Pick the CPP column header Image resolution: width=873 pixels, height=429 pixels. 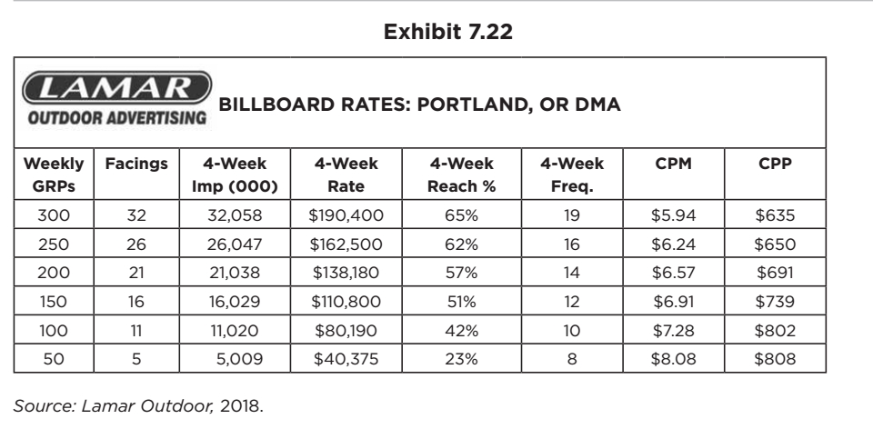click(x=775, y=165)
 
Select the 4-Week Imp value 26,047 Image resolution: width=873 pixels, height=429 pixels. click(x=236, y=244)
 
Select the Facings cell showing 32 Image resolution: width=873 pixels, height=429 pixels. click(x=135, y=217)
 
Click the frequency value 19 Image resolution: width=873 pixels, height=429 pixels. click(x=570, y=217)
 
